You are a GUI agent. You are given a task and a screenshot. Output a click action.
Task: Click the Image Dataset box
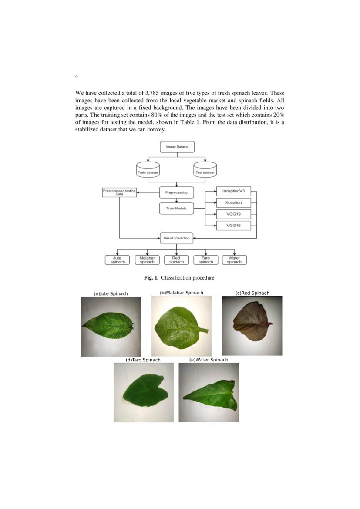[177, 147]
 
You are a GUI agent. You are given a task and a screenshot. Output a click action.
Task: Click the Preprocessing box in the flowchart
[176, 192]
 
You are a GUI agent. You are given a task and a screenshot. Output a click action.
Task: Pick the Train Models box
[176, 209]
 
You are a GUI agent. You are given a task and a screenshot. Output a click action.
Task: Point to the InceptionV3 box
[233, 191]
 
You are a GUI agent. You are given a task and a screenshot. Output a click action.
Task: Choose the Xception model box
[233, 203]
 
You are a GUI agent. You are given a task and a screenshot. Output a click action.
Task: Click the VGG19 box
[233, 214]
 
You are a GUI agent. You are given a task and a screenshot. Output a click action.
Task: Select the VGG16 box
[233, 226]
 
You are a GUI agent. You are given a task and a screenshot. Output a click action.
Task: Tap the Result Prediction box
[176, 238]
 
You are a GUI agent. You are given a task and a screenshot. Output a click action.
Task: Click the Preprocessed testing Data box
[119, 192]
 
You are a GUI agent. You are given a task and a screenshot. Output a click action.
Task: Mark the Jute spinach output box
[118, 260]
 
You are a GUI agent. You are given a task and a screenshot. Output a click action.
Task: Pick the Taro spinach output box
[205, 260]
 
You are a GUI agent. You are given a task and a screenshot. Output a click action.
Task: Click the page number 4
[77, 76]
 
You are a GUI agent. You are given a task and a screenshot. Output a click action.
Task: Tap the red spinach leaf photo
[252, 325]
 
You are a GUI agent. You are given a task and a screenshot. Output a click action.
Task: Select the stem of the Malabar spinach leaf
[202, 330]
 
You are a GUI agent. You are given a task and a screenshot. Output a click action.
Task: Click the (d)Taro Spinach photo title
[143, 360]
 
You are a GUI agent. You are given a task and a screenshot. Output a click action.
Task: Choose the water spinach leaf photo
[209, 392]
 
